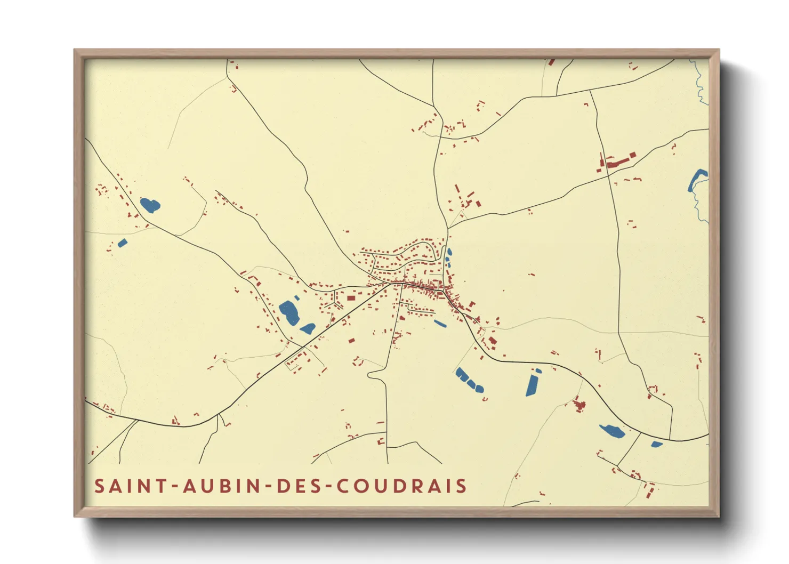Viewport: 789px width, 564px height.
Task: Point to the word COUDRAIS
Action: pos(401,486)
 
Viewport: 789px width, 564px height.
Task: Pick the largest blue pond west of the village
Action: pos(289,312)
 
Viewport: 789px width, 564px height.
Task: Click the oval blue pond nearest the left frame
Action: pos(150,205)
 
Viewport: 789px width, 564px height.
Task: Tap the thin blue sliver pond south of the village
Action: pos(440,323)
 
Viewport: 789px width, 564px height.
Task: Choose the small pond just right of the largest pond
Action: pos(308,328)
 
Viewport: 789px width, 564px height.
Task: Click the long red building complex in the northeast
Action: pos(616,162)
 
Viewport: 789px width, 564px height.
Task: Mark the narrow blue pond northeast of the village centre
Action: pos(448,257)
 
